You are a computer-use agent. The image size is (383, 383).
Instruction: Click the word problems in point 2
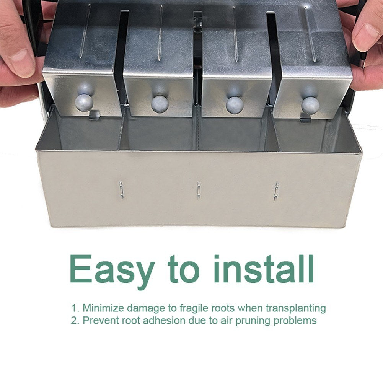(x=295, y=321)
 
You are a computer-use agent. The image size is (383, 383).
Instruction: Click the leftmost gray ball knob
(x=84, y=103)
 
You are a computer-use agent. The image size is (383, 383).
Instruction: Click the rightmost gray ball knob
(x=310, y=105)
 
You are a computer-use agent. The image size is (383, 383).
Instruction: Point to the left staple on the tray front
(x=121, y=190)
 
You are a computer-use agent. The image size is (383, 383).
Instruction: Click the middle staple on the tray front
(x=199, y=190)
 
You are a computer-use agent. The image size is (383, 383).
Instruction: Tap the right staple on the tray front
(x=276, y=191)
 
